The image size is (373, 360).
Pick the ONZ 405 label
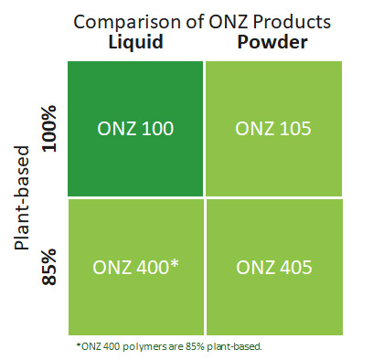click(274, 267)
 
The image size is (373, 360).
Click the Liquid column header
click(135, 43)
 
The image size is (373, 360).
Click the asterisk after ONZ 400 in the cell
click(174, 264)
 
